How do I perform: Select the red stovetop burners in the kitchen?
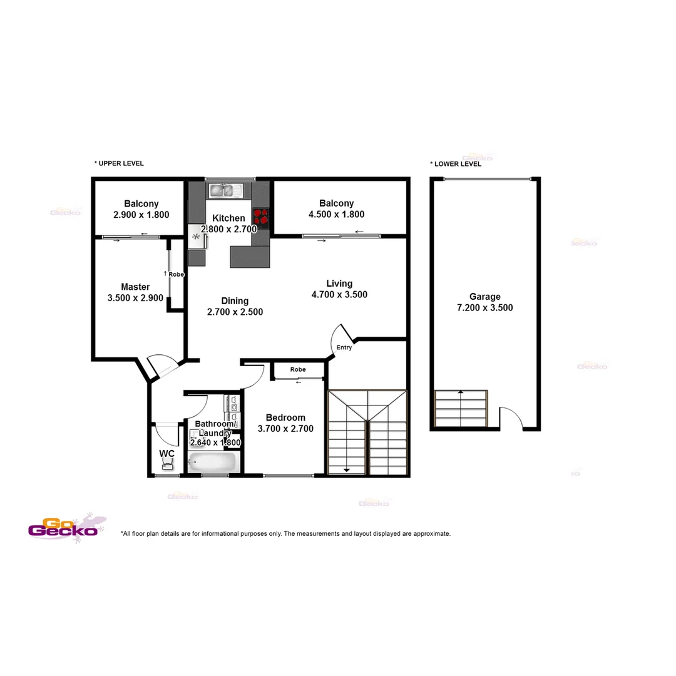coord(261,215)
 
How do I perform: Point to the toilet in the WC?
coord(168,463)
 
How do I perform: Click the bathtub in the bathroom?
coord(213,463)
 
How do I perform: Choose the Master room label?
coord(135,287)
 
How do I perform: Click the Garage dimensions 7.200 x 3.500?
coord(485,308)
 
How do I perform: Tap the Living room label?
coord(339,284)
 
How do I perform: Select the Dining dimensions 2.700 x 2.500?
coord(235,312)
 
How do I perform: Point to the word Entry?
coord(344,348)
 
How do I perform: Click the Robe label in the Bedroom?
coord(298,370)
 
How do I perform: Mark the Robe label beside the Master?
coord(176,274)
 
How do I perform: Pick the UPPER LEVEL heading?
coord(119,163)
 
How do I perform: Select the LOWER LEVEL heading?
coord(456,164)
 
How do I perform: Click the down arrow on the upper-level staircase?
coord(346,470)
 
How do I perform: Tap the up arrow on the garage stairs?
coord(461,392)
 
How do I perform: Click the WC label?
coord(166,453)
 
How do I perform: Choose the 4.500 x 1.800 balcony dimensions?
coord(336,215)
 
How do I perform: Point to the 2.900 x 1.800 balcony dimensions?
coord(141,215)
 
